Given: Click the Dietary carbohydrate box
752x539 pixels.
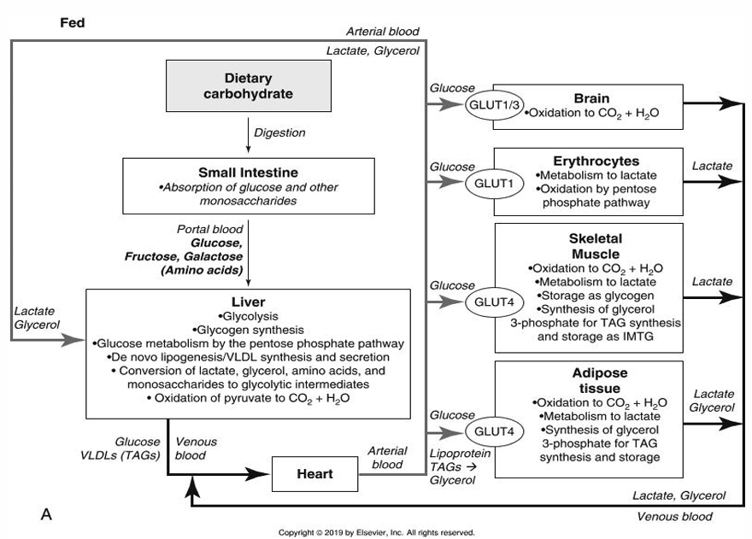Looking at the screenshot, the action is coord(249,85).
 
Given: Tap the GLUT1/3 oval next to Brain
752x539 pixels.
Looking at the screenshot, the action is coord(494,105).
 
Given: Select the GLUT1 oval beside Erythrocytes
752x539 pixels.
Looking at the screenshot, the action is coord(494,183).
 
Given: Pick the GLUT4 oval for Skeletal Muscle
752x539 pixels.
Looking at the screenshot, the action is coord(494,302).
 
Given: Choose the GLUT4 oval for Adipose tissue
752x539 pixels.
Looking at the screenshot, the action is coord(494,431).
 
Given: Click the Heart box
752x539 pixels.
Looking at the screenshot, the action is coord(314,474).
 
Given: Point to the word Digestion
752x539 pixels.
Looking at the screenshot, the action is coord(279,133).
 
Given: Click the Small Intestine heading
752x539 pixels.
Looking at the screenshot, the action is coord(249,173).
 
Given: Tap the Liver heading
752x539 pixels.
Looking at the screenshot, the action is coord(249,302).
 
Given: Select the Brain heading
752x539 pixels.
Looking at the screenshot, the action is coord(592,98).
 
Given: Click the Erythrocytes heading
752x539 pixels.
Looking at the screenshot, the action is coord(596,161).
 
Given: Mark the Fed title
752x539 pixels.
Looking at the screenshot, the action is coord(73,22).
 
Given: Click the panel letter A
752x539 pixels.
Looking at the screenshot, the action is coord(46,514).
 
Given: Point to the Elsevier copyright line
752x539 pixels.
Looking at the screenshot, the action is coord(377,532).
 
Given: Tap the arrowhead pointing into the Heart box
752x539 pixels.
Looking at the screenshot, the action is coord(258,474).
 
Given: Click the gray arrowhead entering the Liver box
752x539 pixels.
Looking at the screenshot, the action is coord(73,340).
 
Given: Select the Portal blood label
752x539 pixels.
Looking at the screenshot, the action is coord(210,229).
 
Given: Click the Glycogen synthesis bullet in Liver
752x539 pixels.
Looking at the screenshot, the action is coord(248,330).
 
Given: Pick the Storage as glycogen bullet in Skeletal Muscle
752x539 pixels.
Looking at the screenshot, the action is coord(595,296).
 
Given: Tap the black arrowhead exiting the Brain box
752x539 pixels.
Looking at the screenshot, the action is coord(730,103).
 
